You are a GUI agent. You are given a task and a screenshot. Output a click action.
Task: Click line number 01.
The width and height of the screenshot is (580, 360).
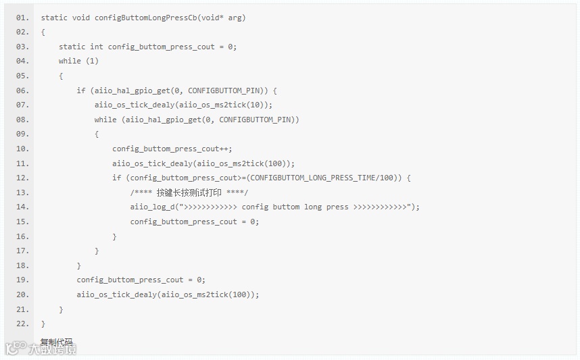(22, 18)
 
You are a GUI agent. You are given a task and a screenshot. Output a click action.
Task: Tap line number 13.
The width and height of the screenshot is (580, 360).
(22, 192)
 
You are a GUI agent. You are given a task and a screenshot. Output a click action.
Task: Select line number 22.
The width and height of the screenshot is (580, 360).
(22, 324)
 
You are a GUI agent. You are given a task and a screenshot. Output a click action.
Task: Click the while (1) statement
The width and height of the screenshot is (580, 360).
(78, 61)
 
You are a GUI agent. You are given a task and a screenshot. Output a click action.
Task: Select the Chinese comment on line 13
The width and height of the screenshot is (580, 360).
(189, 192)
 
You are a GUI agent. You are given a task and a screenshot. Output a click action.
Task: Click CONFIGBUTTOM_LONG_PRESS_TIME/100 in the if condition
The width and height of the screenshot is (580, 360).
(324, 178)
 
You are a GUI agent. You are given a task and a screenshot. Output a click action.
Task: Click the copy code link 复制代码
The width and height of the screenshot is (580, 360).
(56, 342)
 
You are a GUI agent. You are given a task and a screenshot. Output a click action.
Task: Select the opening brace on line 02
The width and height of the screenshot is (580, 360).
(43, 32)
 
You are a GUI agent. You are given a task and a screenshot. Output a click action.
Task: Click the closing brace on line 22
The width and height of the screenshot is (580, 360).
(43, 324)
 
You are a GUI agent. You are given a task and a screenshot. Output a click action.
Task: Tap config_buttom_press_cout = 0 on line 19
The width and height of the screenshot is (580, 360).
(141, 280)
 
